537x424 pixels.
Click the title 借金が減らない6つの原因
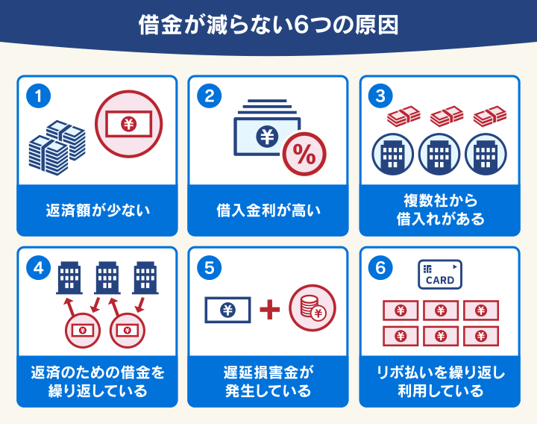(268, 25)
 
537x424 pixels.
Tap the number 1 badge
(38, 96)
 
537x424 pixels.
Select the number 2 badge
(210, 96)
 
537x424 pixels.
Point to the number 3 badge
(381, 96)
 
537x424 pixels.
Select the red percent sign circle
(304, 155)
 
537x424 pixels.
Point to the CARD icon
(439, 274)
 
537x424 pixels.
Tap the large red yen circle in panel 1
(128, 124)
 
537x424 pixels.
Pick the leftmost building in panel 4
(69, 278)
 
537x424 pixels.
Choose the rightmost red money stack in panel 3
(489, 116)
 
